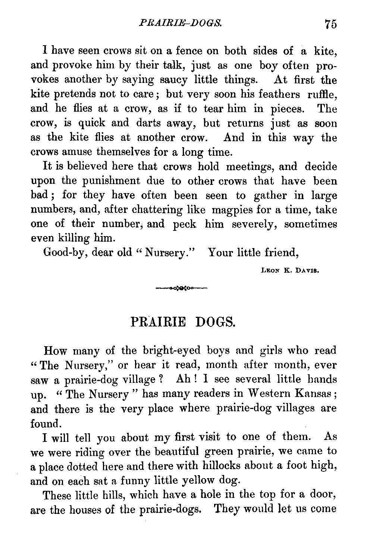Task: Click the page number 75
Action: tap(330, 24)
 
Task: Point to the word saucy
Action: tap(175, 80)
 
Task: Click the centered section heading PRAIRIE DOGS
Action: tap(183, 322)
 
